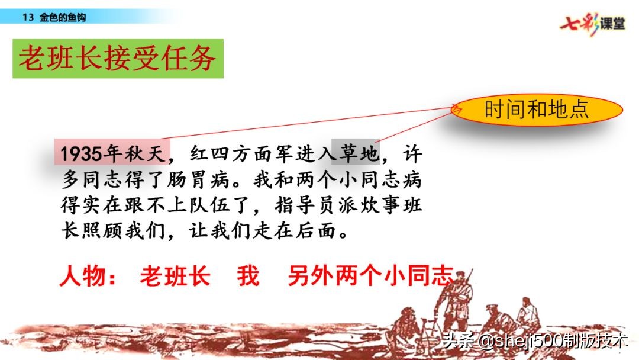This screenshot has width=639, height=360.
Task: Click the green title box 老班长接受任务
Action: pos(118,59)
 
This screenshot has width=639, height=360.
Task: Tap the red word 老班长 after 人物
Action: pos(175,276)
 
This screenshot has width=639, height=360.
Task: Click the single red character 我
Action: pos(248,276)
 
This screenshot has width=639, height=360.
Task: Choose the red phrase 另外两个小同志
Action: pos(370,276)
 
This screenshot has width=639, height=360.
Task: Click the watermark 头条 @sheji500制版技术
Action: pos(532,342)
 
